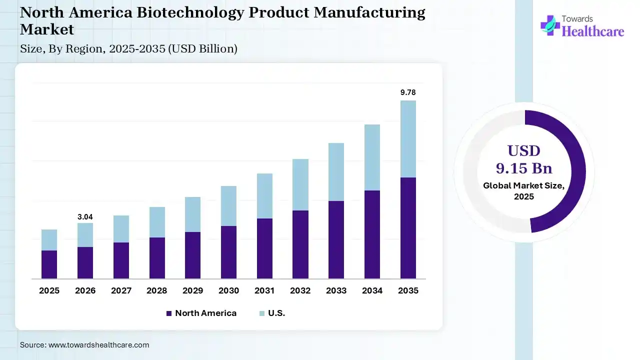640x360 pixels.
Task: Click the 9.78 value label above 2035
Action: coord(408,92)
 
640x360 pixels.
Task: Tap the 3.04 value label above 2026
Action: coord(85,217)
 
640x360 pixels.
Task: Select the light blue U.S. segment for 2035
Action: coord(408,139)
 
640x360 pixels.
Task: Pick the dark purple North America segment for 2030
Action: coord(228,252)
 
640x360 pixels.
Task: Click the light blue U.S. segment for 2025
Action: coord(49,240)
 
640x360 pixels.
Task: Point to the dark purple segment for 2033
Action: coord(336,239)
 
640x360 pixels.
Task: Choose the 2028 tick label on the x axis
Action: coord(157,290)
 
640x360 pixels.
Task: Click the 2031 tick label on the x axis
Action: coord(264,290)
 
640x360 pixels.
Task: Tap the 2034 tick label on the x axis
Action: coord(372,290)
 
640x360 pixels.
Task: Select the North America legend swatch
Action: coord(168,313)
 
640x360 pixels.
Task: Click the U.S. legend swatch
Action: coord(261,313)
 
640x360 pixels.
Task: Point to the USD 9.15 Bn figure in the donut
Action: coord(524,159)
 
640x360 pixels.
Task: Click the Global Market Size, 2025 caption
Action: coord(524,191)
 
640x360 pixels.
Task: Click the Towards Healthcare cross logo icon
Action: coord(550,25)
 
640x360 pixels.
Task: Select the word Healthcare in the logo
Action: coord(593,31)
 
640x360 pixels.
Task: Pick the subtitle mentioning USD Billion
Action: coord(128,48)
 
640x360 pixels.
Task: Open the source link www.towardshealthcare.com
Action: coord(98,345)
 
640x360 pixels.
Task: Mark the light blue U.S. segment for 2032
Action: coord(300,184)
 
